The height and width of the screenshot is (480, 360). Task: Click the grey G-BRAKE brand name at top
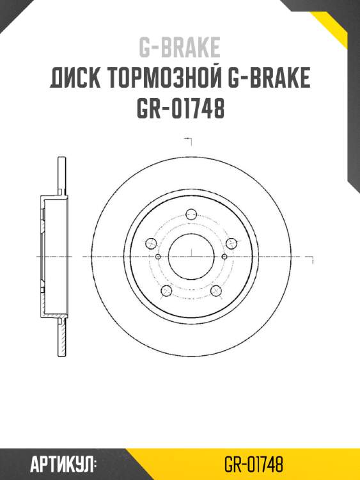pos(180,47)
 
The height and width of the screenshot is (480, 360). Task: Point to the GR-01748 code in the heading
pos(180,109)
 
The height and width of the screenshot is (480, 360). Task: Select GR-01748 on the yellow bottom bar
pos(254,463)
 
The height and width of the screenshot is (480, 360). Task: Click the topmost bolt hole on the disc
pos(190,215)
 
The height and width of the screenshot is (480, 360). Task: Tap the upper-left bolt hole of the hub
pos(151,243)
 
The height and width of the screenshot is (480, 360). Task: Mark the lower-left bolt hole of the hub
pos(166,291)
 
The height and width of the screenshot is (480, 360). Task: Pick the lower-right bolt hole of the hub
pos(215,291)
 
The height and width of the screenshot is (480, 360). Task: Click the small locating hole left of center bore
pos(157,256)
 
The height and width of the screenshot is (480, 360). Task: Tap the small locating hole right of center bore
pos(224,256)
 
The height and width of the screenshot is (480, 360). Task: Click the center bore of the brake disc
pos(191,256)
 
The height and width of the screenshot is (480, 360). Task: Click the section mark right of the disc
pos(311,260)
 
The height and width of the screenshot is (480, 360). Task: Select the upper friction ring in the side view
pos(61,175)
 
